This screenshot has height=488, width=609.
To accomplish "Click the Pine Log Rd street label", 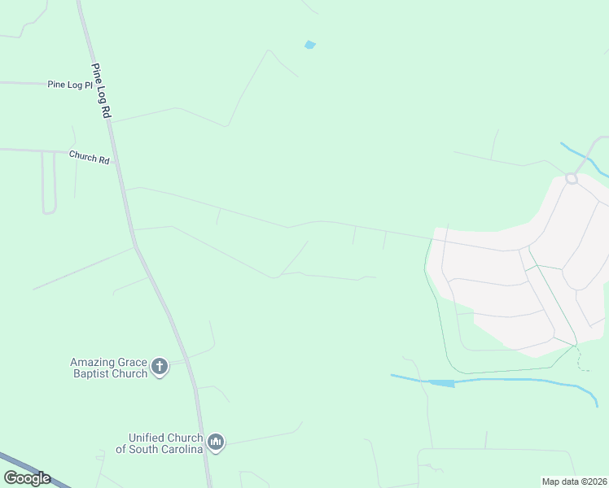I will [101, 92].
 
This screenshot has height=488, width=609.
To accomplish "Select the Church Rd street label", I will [89, 158].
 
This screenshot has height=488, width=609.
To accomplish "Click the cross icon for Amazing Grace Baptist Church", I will [160, 367].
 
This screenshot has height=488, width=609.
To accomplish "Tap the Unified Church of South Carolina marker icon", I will [216, 442].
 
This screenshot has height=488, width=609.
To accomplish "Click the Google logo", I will [27, 478].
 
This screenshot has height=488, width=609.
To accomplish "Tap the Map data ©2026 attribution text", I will [574, 481].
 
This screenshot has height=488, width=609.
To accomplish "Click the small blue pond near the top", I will [309, 45].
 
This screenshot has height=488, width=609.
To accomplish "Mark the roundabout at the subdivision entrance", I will [572, 178].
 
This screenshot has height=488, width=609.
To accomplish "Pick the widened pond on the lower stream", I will [441, 383].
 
